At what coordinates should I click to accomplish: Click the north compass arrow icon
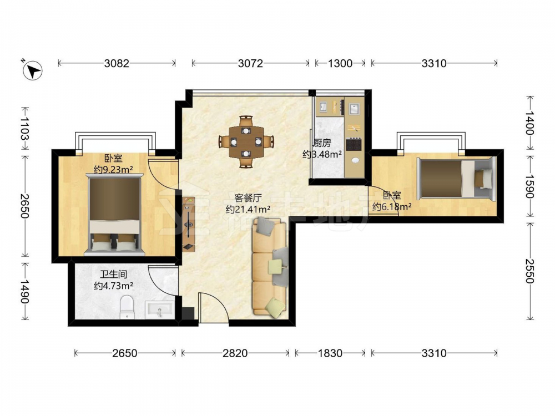(33, 70)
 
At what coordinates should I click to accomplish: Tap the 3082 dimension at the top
(117, 63)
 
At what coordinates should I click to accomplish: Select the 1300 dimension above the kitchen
(340, 63)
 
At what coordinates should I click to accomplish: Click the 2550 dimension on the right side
(529, 271)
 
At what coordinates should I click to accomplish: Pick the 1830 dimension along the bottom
(330, 353)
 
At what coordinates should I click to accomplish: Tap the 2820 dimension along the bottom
(235, 353)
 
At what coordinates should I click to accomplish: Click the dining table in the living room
(246, 142)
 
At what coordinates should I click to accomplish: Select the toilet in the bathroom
(127, 307)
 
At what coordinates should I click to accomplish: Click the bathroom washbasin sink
(160, 309)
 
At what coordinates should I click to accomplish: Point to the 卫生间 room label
(113, 275)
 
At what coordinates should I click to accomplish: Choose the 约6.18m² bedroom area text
(392, 206)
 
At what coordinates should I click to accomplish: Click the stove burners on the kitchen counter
(354, 145)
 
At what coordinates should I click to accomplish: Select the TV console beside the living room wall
(189, 225)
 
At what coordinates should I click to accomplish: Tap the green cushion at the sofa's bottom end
(276, 305)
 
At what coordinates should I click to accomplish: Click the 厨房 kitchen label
(322, 143)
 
